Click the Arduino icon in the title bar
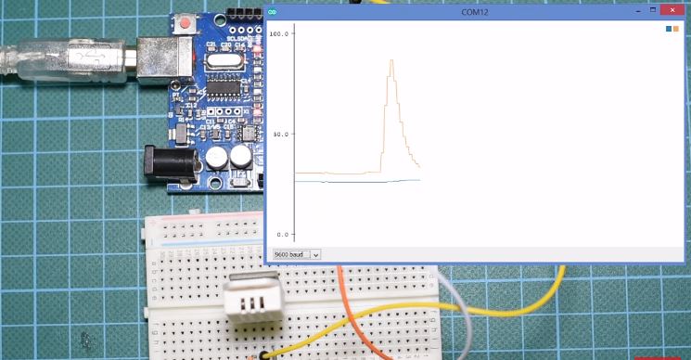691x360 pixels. click(273, 11)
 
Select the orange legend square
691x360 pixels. click(675, 30)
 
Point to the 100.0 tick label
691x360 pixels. click(280, 33)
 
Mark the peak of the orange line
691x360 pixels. click(392, 60)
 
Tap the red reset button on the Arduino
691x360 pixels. click(188, 21)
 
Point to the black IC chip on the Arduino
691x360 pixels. click(222, 89)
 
